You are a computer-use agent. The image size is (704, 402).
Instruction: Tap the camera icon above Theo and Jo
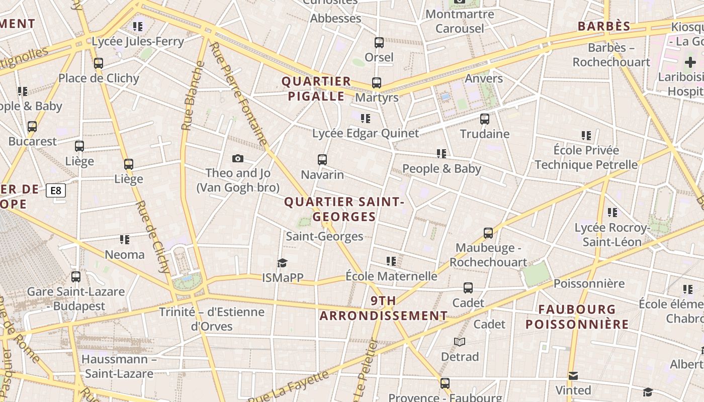tap(238, 159)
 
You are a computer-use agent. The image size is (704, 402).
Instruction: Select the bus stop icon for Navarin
tap(322, 160)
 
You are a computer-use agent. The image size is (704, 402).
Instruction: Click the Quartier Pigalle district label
tap(316, 89)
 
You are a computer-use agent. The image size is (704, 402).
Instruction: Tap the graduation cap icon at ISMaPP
tap(282, 263)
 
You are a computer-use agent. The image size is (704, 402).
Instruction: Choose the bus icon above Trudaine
tap(485, 119)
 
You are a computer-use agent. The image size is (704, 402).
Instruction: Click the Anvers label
tap(484, 78)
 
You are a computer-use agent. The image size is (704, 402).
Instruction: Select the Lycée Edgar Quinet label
tap(366, 133)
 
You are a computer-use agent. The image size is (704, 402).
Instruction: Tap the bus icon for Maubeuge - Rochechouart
tap(488, 233)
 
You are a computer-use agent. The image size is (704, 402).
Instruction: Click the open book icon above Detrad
tap(460, 342)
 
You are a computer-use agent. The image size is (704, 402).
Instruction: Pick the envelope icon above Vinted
tap(573, 376)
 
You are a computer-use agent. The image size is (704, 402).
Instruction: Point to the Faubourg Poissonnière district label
tap(577, 317)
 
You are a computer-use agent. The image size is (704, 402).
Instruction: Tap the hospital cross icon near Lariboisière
tap(690, 63)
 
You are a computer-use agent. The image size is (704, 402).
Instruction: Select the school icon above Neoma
tap(125, 240)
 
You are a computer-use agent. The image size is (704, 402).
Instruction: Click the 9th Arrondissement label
tap(384, 309)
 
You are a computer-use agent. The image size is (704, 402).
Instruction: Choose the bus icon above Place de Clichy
tap(99, 63)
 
